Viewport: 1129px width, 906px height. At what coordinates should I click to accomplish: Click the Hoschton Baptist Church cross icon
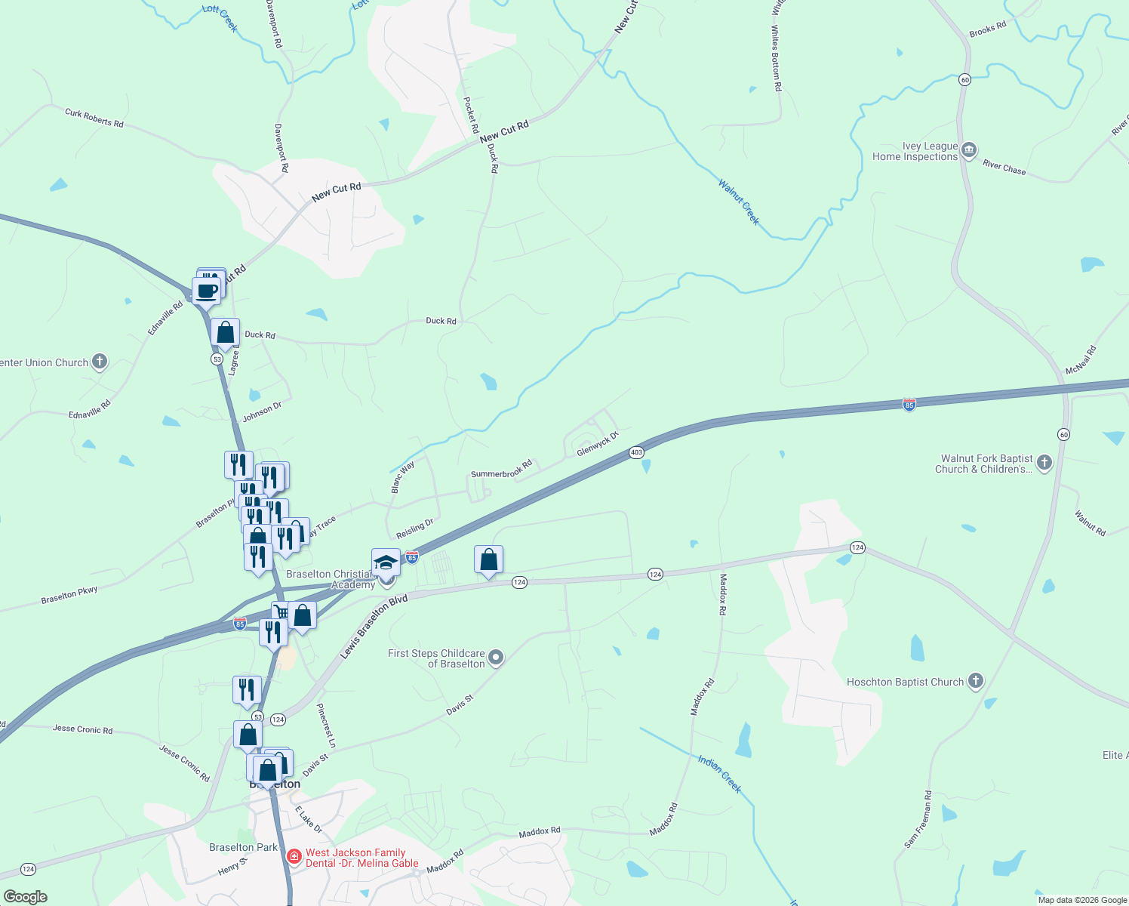(975, 681)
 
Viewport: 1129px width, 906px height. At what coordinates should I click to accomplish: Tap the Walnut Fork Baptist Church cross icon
(1044, 463)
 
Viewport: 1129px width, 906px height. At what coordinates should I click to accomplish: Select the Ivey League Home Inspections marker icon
(969, 150)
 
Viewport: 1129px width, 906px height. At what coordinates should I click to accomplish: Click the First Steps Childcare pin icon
(496, 658)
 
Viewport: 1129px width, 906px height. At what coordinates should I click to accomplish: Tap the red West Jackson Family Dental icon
(294, 857)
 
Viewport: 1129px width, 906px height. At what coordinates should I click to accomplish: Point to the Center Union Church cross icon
(100, 362)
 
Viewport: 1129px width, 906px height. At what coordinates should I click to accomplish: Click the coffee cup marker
(206, 291)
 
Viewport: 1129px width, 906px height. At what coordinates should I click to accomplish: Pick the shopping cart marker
(281, 612)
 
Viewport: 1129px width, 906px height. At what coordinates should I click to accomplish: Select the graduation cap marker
(386, 562)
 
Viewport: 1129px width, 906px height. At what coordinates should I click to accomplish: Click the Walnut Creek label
(739, 202)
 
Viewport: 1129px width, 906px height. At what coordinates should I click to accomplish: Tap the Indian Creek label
(720, 774)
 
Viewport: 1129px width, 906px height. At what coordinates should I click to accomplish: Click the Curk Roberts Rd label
(94, 118)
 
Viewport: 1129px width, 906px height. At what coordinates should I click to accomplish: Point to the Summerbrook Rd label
(501, 469)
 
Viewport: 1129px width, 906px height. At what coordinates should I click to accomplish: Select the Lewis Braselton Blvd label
(374, 626)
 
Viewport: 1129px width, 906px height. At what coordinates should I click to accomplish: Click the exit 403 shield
(636, 452)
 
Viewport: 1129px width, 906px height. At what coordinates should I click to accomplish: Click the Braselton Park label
(243, 847)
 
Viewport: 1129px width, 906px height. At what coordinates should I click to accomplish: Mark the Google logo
(25, 897)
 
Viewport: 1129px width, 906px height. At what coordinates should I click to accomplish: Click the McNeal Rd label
(1081, 360)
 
